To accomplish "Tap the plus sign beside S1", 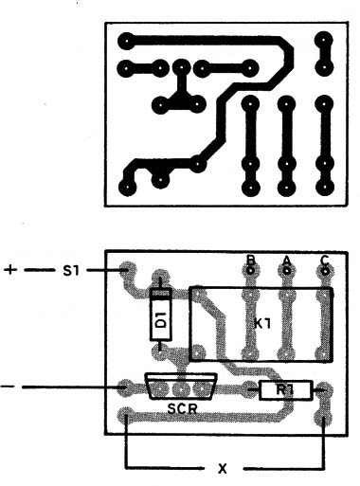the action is tap(10, 270).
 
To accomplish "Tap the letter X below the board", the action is tap(224, 468).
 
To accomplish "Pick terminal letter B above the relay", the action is tap(250, 259).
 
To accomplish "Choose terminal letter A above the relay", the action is tap(286, 259).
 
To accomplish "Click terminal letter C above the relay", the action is tap(324, 259).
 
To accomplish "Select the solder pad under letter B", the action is tap(250, 272).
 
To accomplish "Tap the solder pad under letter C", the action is tap(324, 272).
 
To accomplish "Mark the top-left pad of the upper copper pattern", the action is tap(125, 42).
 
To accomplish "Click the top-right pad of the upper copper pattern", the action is tap(323, 42).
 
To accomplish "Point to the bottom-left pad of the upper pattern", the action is tap(126, 186).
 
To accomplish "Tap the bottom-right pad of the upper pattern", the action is tap(324, 186).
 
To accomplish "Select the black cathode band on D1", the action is tap(160, 294).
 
